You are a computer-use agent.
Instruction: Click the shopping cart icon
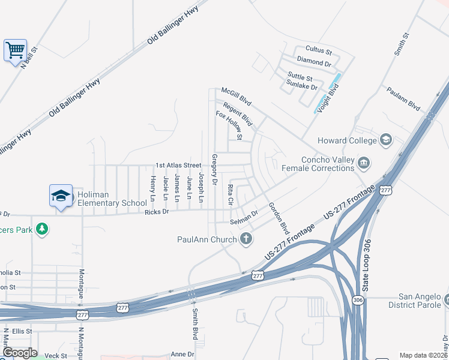pyautogui.click(x=15, y=49)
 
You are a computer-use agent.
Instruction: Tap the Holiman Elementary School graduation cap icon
pyautogui.click(x=61, y=196)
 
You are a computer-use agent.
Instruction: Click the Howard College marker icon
pyautogui.click(x=386, y=140)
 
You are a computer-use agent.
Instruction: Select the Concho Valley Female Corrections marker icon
pyautogui.click(x=364, y=163)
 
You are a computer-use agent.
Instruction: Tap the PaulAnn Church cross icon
pyautogui.click(x=245, y=239)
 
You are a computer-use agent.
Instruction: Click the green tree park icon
pyautogui.click(x=41, y=229)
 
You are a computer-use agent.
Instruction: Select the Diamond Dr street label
pyautogui.click(x=314, y=62)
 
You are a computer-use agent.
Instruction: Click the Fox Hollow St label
pyautogui.click(x=229, y=124)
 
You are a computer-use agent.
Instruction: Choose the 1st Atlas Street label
pyautogui.click(x=178, y=165)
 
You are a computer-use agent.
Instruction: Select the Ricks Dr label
pyautogui.click(x=157, y=212)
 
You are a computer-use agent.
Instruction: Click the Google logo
pyautogui.click(x=19, y=353)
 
